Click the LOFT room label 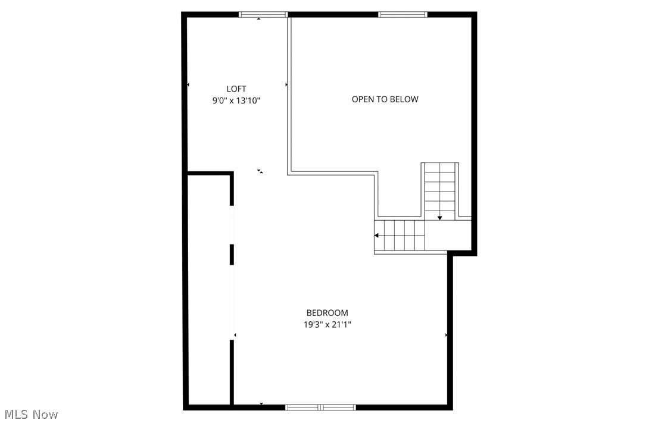click(236, 89)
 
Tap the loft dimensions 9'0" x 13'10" click(236, 101)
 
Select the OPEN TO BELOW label click(385, 99)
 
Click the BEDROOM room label click(328, 313)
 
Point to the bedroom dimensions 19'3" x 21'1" click(328, 324)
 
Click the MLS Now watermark click(31, 415)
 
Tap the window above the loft click(263, 15)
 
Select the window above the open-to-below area click(403, 15)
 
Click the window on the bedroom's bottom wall click(320, 408)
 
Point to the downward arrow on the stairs click(440, 218)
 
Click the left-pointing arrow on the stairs click(377, 236)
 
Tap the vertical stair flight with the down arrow click(440, 191)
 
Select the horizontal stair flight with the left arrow click(400, 236)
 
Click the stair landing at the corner click(448, 235)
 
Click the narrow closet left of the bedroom click(208, 289)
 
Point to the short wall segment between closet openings click(232, 255)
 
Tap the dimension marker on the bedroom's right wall click(446, 336)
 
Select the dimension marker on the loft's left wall click(188, 84)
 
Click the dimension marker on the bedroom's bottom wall click(261, 404)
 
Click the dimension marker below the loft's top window click(259, 19)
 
